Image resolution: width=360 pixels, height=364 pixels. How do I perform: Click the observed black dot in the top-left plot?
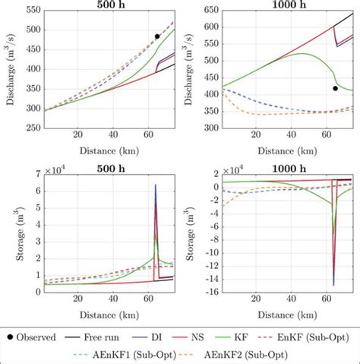point(157,36)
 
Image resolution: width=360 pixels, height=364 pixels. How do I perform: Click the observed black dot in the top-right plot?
point(335,88)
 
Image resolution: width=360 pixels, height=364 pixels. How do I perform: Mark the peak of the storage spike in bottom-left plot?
point(156,185)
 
